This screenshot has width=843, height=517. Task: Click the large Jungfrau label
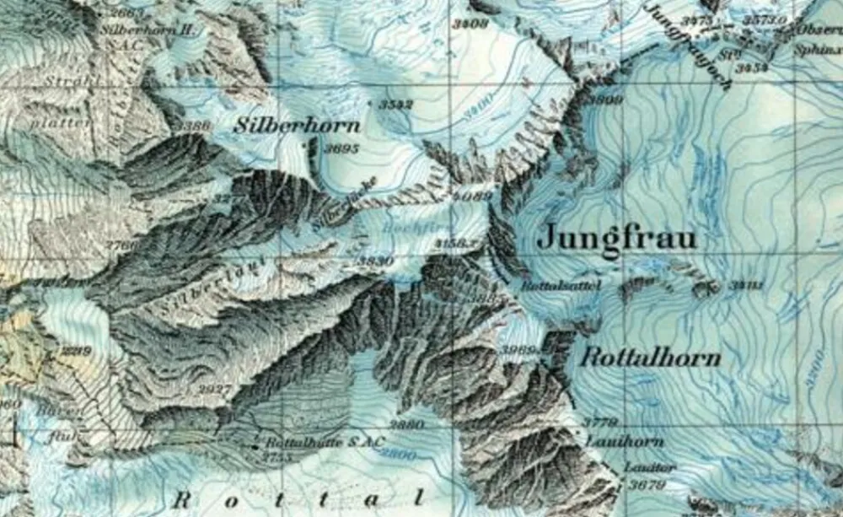617,238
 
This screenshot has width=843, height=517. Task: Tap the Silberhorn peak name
297,127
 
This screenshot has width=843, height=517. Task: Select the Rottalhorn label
651,358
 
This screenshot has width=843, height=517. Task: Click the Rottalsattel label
561,287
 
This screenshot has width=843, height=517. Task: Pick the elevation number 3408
470,24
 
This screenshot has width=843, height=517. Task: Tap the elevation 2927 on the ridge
216,388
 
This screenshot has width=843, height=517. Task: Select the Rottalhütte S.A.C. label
325,442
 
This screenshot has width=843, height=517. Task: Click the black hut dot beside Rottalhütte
256,443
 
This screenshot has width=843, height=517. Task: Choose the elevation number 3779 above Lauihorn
600,422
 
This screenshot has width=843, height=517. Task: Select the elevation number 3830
376,262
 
